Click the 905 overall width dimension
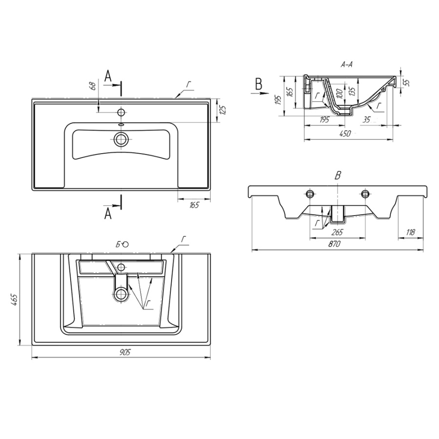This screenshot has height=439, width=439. click(x=125, y=352)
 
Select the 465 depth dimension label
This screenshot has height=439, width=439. click(x=16, y=299)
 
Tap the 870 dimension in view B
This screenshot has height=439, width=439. click(x=335, y=244)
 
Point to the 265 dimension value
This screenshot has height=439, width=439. click(x=337, y=232)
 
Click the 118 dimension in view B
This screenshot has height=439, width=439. click(x=410, y=232)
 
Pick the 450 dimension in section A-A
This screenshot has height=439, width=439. click(x=345, y=134)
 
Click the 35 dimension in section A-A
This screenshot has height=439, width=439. click(x=366, y=120)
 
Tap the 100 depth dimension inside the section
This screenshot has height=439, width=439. click(x=339, y=93)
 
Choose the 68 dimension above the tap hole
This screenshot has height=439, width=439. click(x=94, y=85)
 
